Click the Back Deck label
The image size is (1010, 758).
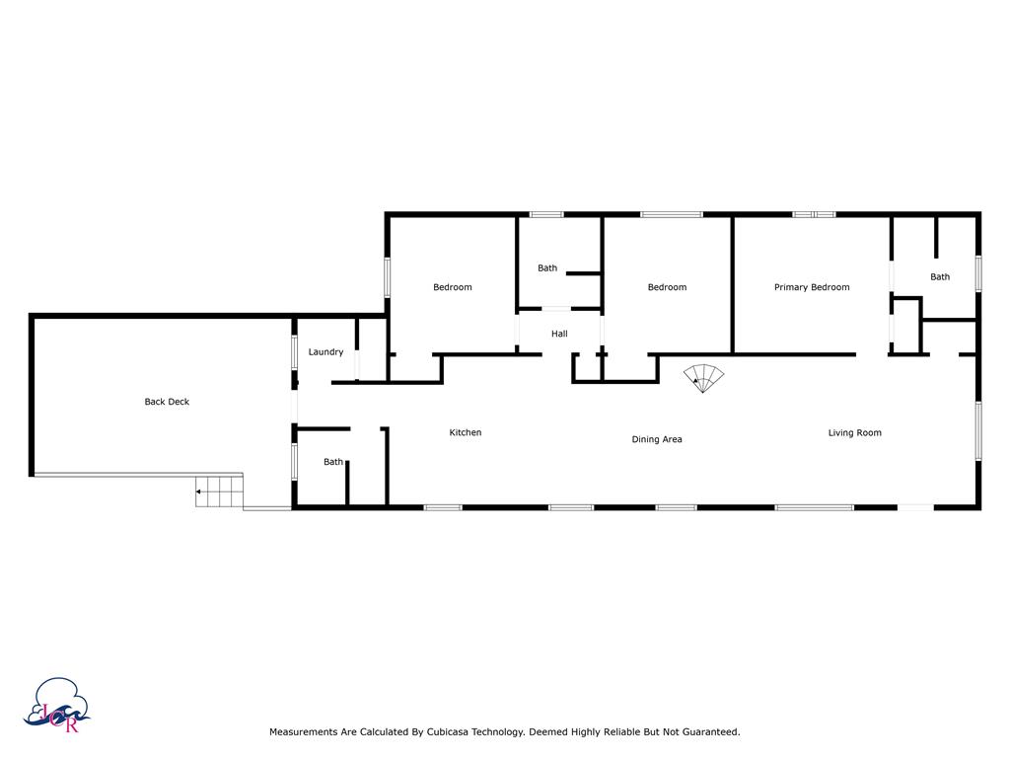[167, 402]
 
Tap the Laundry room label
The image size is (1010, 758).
[325, 352]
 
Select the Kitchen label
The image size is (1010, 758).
[466, 432]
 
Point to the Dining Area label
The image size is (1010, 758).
[657, 439]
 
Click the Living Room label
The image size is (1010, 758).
[854, 432]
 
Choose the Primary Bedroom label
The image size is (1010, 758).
[811, 287]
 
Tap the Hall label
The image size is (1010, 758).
[559, 334]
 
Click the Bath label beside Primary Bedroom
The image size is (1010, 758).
[940, 277]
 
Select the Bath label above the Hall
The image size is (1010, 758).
[547, 268]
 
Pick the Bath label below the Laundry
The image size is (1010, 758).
[333, 462]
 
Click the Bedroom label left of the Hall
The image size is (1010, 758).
[453, 287]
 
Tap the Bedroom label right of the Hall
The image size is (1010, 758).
[667, 287]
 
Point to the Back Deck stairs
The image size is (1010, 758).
[219, 491]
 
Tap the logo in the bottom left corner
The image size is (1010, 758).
[59, 706]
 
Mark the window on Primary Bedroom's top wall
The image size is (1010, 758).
[814, 214]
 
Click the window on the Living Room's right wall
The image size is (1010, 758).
[978, 430]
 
